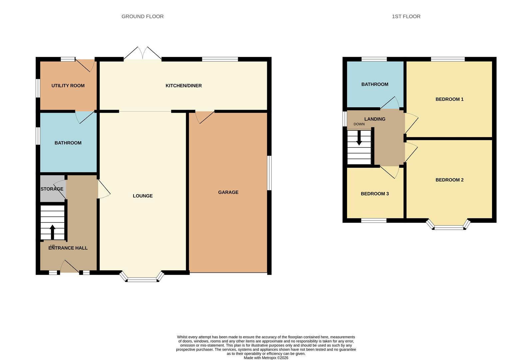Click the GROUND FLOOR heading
click(x=142, y=16)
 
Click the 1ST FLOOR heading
click(x=406, y=16)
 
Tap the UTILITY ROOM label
click(x=68, y=86)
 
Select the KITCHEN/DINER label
click(x=184, y=86)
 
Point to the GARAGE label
click(x=228, y=192)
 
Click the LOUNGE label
click(x=143, y=196)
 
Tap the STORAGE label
click(x=52, y=189)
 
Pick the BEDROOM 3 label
click(x=375, y=194)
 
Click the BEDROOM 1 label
click(x=449, y=99)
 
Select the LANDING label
click(x=375, y=119)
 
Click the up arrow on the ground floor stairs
click(x=52, y=232)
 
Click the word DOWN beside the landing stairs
click(x=359, y=124)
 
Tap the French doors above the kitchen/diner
click(x=143, y=53)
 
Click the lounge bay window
click(x=142, y=279)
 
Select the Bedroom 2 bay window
click(x=449, y=227)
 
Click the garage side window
click(x=269, y=173)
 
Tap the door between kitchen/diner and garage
click(x=205, y=117)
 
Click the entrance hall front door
click(x=69, y=267)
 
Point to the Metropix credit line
click(x=266, y=358)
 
